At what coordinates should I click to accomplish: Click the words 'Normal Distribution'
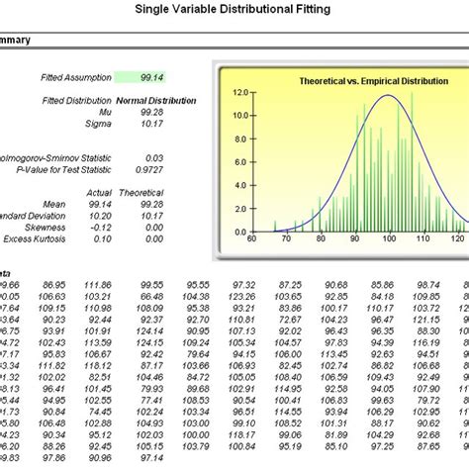tap(156, 101)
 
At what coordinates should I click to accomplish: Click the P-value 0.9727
tap(179, 170)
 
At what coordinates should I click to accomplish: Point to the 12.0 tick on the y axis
tap(240, 92)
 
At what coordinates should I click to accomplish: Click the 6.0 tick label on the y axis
tap(241, 162)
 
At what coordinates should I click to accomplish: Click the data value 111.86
tap(98, 284)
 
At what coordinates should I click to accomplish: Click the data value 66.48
tap(151, 296)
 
